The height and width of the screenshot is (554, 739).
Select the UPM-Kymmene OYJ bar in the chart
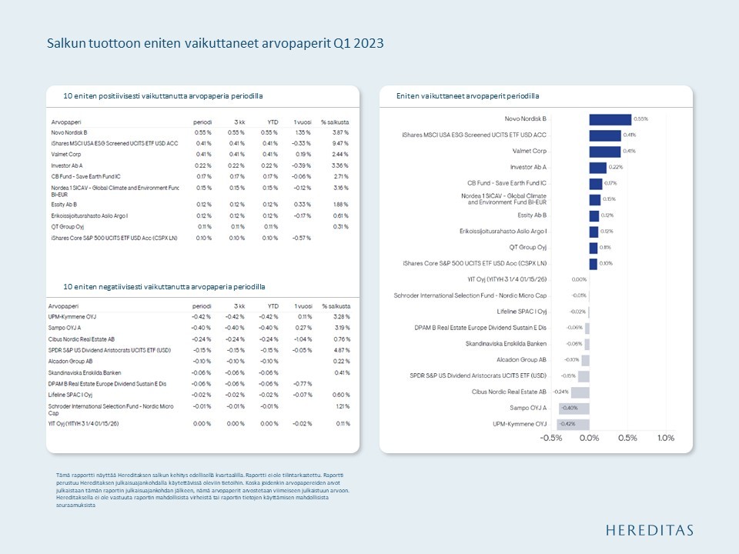tap(573, 424)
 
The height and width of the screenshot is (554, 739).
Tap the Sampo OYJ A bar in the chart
tap(573, 408)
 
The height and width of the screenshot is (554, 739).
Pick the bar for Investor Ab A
tap(597, 167)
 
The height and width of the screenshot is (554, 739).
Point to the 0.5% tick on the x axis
tap(627, 438)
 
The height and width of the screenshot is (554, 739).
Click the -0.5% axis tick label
tap(551, 438)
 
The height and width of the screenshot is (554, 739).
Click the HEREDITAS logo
tap(649, 529)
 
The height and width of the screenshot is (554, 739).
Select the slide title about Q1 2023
tap(215, 44)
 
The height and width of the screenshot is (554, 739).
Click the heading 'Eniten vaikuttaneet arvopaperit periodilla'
tap(467, 96)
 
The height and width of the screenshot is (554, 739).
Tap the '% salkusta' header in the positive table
tap(335, 122)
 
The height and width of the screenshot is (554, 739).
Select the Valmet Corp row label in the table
tap(69, 154)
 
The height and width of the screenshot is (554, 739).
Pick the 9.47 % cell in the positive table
tap(339, 143)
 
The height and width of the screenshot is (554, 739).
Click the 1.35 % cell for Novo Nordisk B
tap(301, 132)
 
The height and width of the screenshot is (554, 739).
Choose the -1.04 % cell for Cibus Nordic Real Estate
tap(301, 338)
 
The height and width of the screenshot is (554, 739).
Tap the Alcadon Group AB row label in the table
tap(71, 360)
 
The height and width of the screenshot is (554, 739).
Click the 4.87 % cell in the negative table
tap(339, 349)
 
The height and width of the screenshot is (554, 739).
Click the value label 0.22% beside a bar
tap(616, 167)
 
